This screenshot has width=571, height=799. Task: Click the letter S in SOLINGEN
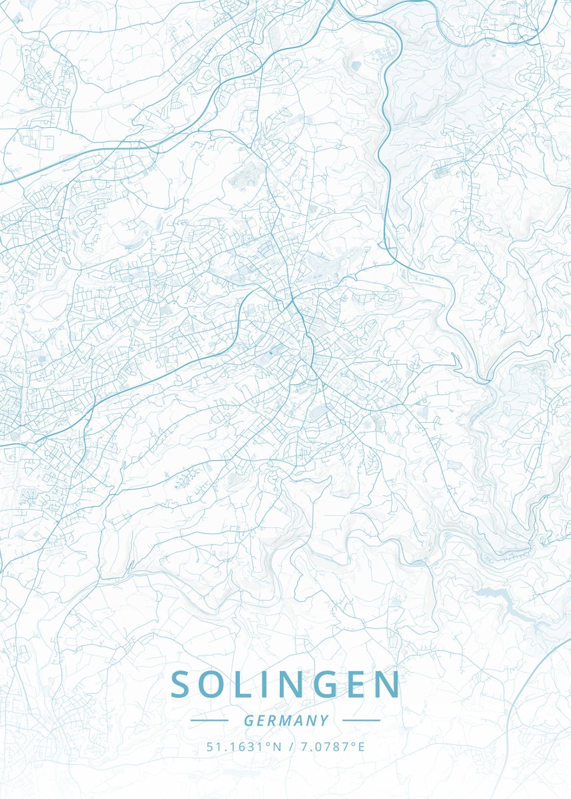click(181, 684)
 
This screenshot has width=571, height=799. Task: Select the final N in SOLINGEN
click(389, 684)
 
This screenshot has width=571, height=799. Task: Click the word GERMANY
click(286, 720)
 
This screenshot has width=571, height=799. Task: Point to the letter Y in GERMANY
click(324, 720)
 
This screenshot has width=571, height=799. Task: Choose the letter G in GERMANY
click(248, 720)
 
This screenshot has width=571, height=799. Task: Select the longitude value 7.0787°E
click(332, 746)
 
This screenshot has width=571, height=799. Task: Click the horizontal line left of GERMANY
click(209, 720)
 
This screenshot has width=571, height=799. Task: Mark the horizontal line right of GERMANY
click(360, 720)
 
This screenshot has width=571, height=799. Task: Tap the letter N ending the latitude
click(278, 746)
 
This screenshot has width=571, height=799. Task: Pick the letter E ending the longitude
click(362, 746)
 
